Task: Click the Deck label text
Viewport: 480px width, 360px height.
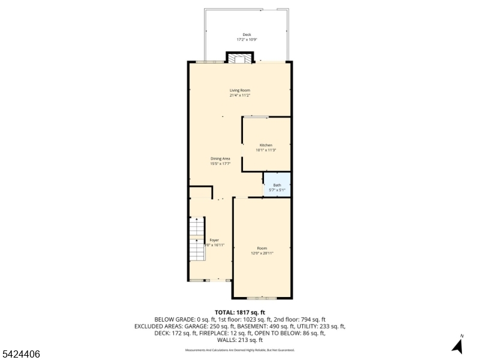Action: (x=247, y=35)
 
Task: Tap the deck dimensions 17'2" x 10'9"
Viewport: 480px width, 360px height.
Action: (x=247, y=40)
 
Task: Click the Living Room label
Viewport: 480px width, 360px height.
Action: (x=239, y=91)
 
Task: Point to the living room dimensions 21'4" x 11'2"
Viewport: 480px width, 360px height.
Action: (x=239, y=95)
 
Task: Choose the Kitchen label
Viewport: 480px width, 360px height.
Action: (x=266, y=145)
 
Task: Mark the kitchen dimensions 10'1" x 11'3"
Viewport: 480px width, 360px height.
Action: (x=266, y=150)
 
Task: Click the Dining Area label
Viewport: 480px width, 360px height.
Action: (x=220, y=158)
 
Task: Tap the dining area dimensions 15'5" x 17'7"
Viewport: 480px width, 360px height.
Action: (x=220, y=163)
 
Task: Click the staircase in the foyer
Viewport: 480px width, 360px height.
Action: (x=197, y=238)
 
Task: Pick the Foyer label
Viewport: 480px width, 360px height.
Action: (x=214, y=240)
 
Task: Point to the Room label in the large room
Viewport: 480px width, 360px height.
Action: (x=262, y=248)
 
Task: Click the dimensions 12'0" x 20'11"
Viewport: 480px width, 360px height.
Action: (x=262, y=253)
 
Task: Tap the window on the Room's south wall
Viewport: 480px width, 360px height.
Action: (x=262, y=298)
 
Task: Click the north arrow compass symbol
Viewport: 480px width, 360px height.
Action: (x=458, y=345)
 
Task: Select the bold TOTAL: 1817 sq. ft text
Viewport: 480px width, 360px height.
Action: (x=239, y=313)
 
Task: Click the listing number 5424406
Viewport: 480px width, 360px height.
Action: (x=21, y=355)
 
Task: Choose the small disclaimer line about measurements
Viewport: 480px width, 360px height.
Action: (x=239, y=350)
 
